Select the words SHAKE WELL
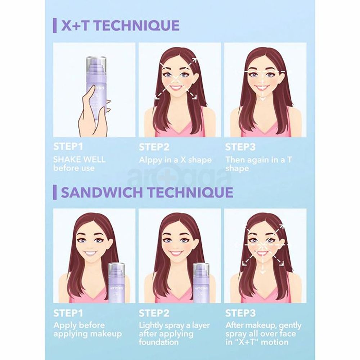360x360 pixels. (x=80, y=159)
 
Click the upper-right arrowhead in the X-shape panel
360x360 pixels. (x=195, y=60)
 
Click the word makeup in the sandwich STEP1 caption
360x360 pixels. (x=107, y=334)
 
